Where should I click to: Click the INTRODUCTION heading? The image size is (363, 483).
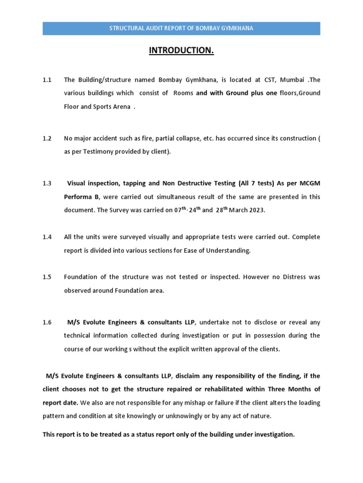181,50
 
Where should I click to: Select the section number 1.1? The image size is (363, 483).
47,80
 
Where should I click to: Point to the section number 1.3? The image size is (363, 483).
47,183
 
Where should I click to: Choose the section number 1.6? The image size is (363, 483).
47,323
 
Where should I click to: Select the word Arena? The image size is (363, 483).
121,106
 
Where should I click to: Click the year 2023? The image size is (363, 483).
256,210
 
